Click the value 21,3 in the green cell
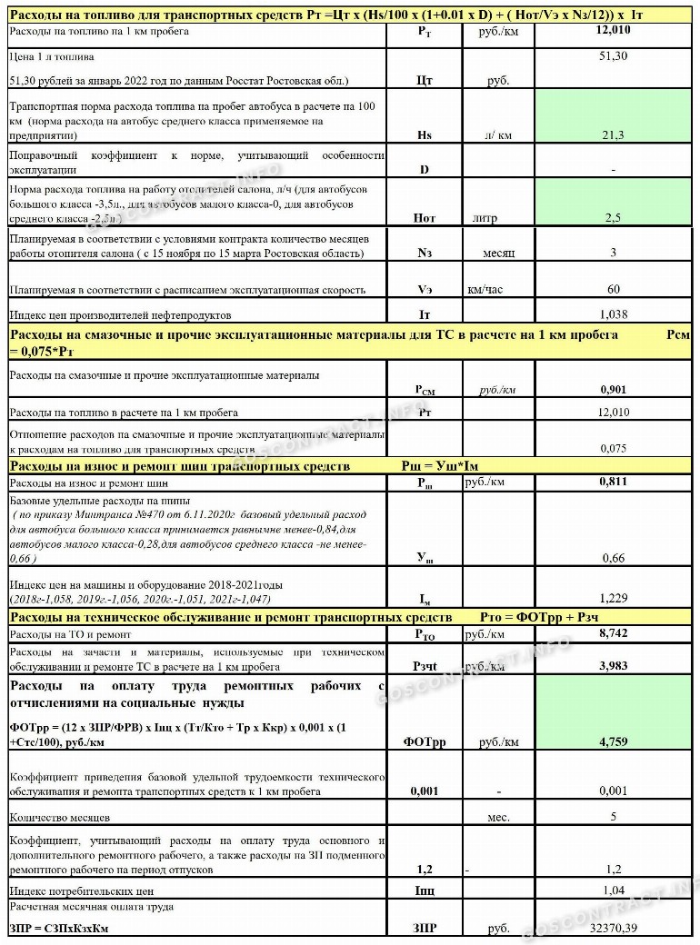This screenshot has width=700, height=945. [x=615, y=135]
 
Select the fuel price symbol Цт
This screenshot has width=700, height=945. [x=424, y=80]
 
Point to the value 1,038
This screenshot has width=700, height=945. [x=615, y=314]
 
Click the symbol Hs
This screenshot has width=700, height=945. [x=424, y=135]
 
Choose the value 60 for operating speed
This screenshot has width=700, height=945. [x=615, y=290]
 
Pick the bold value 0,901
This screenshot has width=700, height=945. [x=614, y=389]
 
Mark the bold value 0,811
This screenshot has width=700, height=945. [x=614, y=482]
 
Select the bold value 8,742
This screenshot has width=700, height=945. [x=614, y=632]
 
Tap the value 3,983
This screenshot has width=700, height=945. [x=614, y=666]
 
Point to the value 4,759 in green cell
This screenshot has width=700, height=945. [x=614, y=741]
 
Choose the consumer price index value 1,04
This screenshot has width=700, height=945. [x=615, y=890]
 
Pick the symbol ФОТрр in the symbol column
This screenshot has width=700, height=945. [x=425, y=742]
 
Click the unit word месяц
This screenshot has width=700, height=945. [x=498, y=253]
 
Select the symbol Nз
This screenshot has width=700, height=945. [x=425, y=253]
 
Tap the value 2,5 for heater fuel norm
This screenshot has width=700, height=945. [x=615, y=218]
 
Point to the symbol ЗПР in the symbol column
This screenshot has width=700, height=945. [x=425, y=929]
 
